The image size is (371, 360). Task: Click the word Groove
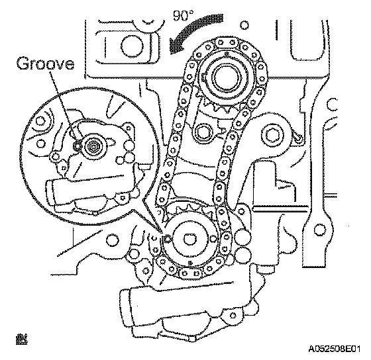(x=45, y=63)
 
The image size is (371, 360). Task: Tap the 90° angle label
(x=183, y=16)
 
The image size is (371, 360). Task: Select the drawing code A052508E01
(x=334, y=349)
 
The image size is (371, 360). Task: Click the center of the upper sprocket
(x=227, y=77)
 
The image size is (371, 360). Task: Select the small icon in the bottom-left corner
(x=21, y=339)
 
